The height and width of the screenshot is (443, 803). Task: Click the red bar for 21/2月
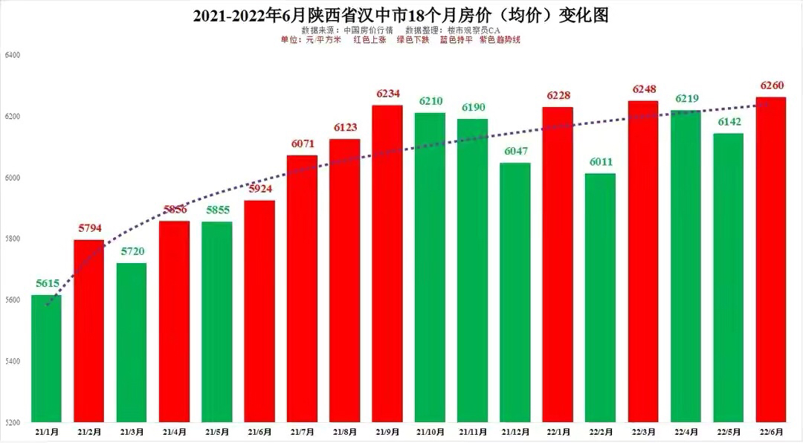pos(88,331)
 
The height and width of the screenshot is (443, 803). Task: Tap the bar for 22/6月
pos(771,259)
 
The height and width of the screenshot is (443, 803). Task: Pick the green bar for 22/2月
pos(600,297)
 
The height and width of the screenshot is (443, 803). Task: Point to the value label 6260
pos(772,85)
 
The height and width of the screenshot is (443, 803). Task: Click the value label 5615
pos(46,283)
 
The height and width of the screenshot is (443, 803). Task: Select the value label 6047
pos(515,151)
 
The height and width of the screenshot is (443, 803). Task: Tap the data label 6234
pos(387,94)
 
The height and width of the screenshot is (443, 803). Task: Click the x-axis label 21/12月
pos(515,431)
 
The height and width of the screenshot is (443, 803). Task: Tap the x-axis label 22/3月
pos(643,431)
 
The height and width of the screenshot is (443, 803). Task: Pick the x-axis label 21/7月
pos(302,431)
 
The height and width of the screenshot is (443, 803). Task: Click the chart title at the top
pos(401,15)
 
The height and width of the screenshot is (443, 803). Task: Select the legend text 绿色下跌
pos(413,39)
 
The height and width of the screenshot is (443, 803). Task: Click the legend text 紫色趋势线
pos(500,39)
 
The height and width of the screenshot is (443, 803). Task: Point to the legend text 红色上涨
pos(370,39)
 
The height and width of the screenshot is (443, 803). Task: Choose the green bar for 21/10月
pos(430,268)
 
